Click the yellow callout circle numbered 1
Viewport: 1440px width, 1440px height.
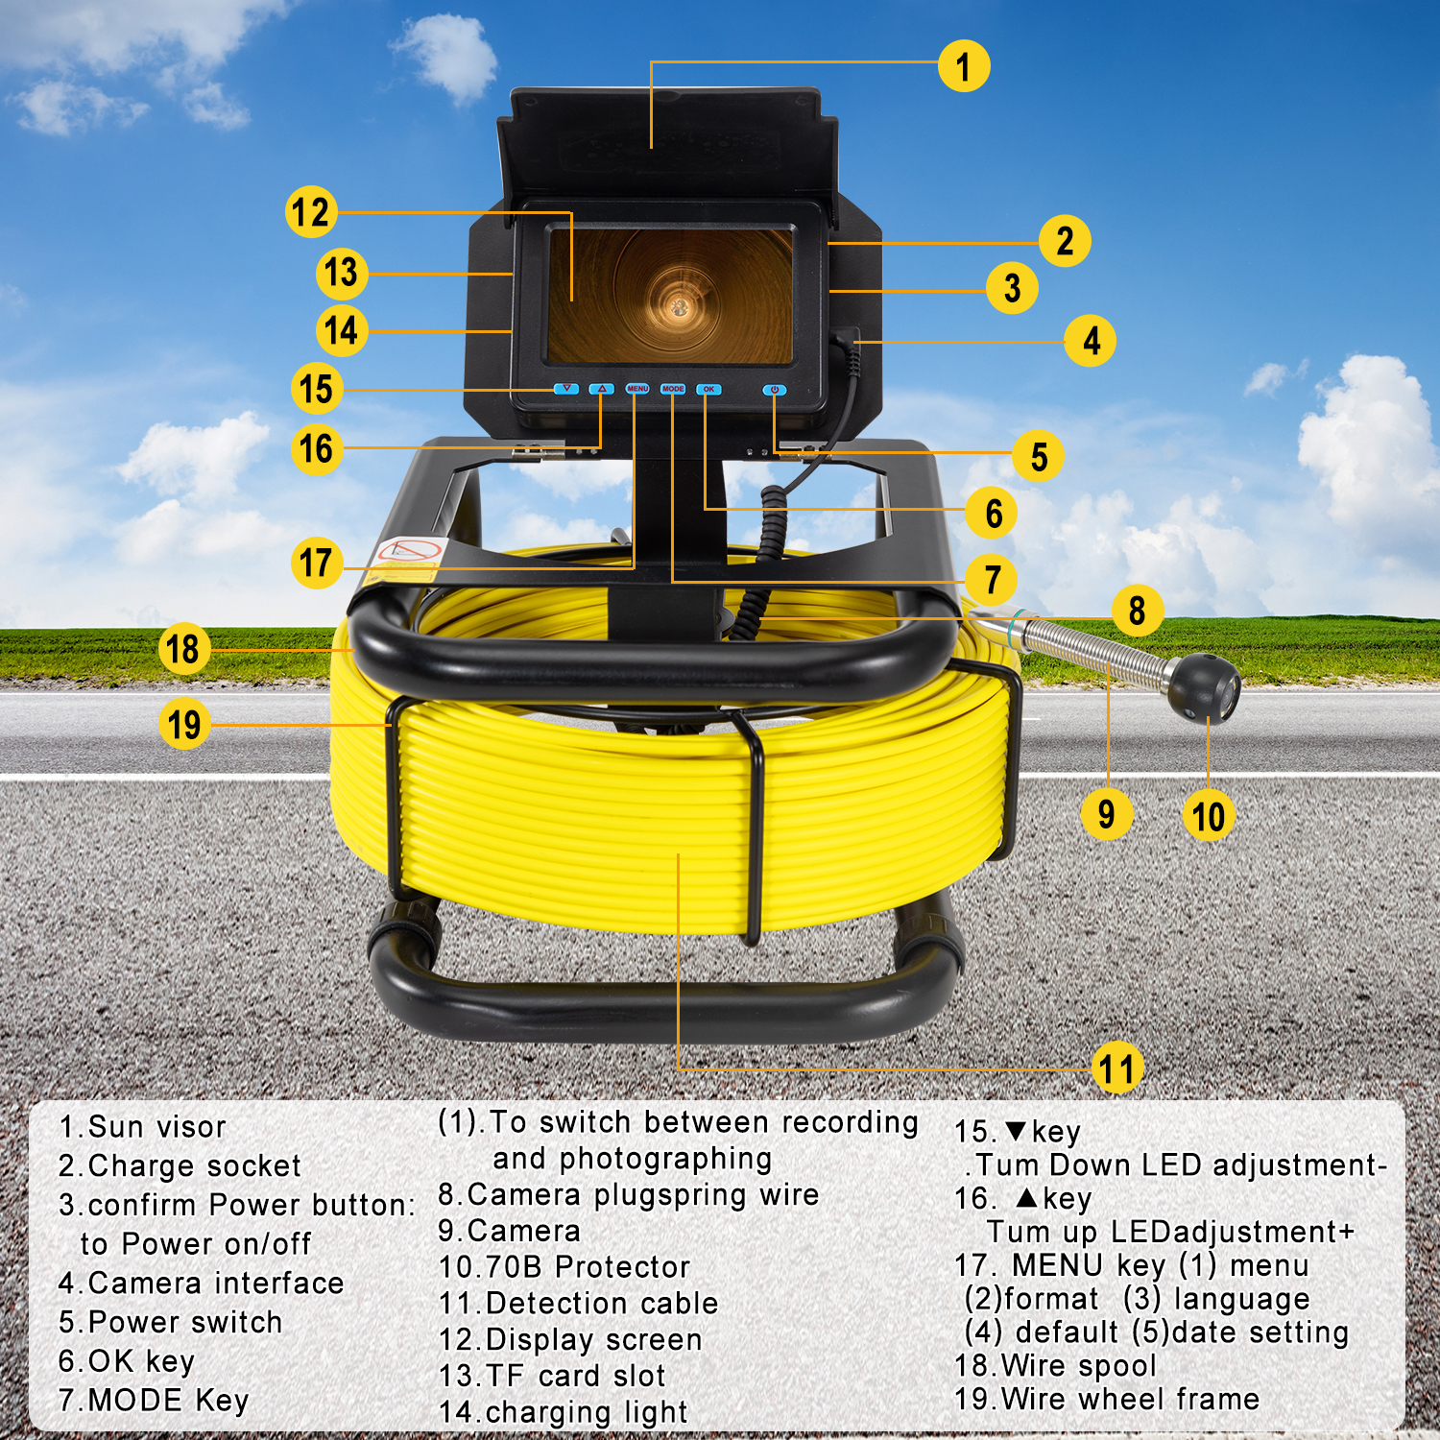pyautogui.click(x=964, y=66)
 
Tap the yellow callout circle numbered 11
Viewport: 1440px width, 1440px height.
pyautogui.click(x=1117, y=1068)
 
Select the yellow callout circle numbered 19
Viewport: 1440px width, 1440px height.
pyautogui.click(x=184, y=724)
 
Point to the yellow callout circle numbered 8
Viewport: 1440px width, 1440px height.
pyautogui.click(x=1138, y=610)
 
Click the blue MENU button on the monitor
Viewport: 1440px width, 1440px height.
pyautogui.click(x=637, y=389)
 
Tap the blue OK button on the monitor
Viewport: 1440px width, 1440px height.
pyautogui.click(x=708, y=390)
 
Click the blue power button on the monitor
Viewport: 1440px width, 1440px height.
pyautogui.click(x=775, y=390)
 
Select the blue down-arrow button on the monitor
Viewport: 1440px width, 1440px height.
pyautogui.click(x=566, y=389)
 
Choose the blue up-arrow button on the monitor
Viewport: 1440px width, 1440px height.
pyautogui.click(x=601, y=389)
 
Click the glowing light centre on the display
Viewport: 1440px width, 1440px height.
pyautogui.click(x=680, y=305)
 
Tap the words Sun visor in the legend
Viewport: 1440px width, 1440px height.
pyautogui.click(x=157, y=1127)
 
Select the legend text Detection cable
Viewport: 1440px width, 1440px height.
pyautogui.click(x=602, y=1303)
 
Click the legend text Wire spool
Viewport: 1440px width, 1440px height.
pyautogui.click(x=1079, y=1365)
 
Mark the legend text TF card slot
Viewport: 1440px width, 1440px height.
pyautogui.click(x=576, y=1376)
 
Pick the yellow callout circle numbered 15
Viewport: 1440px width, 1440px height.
pyautogui.click(x=317, y=389)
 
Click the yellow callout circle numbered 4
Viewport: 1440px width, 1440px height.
pyautogui.click(x=1091, y=340)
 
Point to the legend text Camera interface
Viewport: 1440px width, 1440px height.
pyautogui.click(x=216, y=1283)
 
